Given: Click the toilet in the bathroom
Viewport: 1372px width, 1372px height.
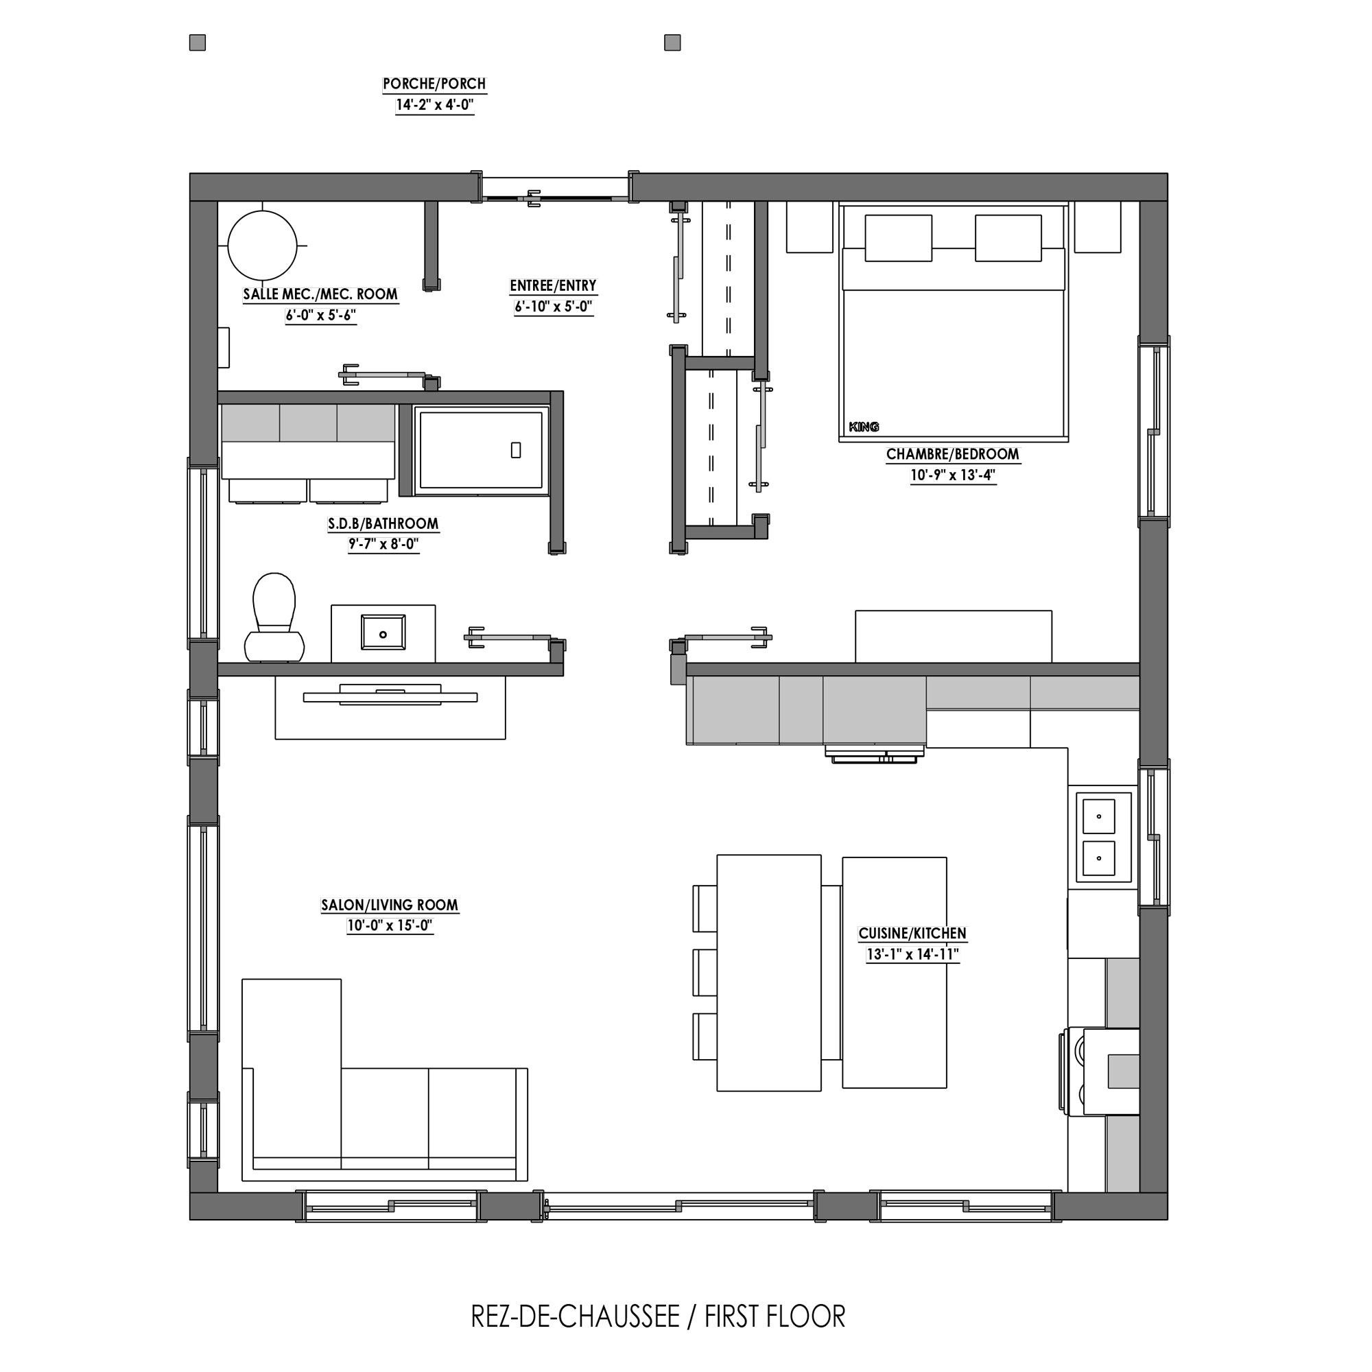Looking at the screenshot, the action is pos(274,617).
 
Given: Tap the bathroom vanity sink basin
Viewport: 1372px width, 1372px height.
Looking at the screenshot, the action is pos(383,632).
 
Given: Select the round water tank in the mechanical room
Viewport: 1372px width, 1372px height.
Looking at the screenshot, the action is pos(262,245).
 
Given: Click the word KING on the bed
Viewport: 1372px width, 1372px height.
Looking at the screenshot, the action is pos(864,427).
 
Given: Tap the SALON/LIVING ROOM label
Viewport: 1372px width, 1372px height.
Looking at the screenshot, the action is pos(389,906).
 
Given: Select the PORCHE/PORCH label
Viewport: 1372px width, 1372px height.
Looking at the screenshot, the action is pos(435,84).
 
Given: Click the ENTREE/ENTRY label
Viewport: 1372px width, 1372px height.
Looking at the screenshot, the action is pos(553,286).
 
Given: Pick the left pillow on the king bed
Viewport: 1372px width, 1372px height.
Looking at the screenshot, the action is pos(899,238).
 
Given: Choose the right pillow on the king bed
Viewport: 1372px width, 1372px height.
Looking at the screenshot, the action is pos(1008,238).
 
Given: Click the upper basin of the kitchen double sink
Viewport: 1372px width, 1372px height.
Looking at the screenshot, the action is pos(1098,816).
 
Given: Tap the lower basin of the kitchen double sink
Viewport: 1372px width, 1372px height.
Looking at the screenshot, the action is pos(1098,859).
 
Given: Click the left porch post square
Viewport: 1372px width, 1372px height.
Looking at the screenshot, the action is pos(198,43).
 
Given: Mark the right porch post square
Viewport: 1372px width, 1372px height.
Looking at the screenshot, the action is pos(672,43).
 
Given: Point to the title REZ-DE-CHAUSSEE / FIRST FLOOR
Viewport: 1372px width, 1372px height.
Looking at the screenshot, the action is pos(659,1317).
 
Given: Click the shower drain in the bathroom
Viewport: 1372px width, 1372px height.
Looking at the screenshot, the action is pos(517,449).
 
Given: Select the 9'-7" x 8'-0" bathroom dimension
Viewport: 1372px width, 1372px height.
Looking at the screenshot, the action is pos(383,545).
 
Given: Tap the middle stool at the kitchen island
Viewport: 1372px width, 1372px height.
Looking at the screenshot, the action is pos(705,972).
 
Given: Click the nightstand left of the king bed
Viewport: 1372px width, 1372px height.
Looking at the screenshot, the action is pos(809,226).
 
